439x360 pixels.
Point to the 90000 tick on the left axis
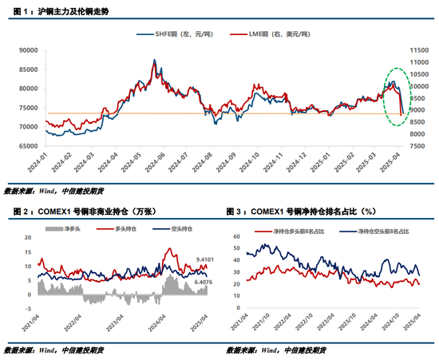(x=29, y=49)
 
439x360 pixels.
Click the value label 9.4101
(x=205, y=260)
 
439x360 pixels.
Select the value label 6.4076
(x=205, y=281)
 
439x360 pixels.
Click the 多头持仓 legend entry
(x=121, y=228)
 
